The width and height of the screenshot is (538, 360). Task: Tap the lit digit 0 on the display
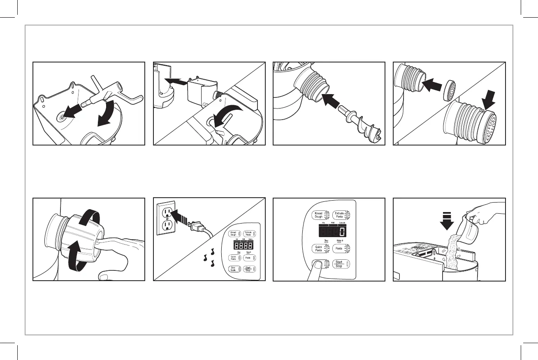coord(341,232)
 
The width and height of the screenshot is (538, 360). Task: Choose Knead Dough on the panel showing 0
coord(319,215)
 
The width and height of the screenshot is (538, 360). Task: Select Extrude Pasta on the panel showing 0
coord(340,215)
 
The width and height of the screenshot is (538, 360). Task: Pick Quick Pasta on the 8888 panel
coord(233,258)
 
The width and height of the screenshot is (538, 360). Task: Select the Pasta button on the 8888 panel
coord(248,258)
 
